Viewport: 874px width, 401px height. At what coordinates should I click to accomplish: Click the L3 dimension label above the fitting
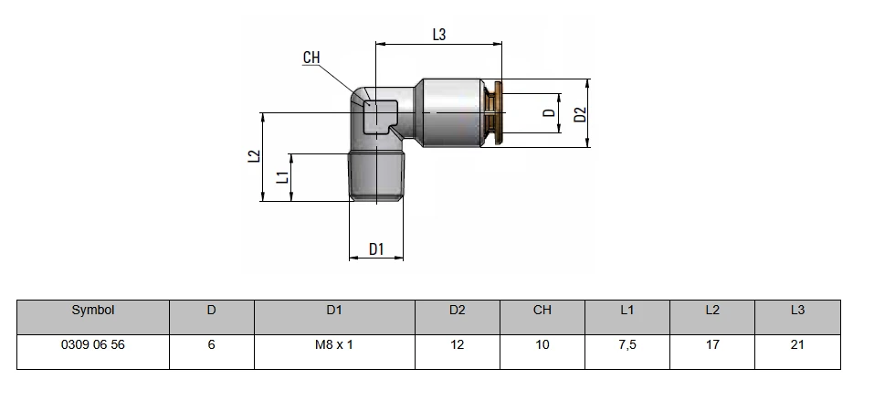[x=439, y=35]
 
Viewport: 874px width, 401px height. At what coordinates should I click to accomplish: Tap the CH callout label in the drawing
[x=311, y=58]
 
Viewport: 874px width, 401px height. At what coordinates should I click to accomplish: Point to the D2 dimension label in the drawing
[x=581, y=114]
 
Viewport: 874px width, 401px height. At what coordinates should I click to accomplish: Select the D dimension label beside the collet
[x=550, y=112]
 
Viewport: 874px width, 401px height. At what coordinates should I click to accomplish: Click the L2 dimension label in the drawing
[x=254, y=155]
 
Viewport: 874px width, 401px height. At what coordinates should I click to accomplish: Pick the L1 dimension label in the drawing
[x=283, y=177]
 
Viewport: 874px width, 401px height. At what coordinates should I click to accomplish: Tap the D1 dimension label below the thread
[x=377, y=248]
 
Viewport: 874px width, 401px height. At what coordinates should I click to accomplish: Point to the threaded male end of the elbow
[x=376, y=176]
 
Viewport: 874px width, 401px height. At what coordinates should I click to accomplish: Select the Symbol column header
[x=93, y=310]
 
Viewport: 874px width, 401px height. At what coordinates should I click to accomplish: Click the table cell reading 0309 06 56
[x=93, y=344]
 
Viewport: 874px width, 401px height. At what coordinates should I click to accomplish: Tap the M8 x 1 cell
[x=334, y=344]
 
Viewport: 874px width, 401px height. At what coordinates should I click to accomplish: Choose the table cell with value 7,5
[x=627, y=344]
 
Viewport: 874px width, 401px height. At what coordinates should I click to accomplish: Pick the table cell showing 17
[x=712, y=344]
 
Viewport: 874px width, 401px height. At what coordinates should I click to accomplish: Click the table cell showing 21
[x=797, y=344]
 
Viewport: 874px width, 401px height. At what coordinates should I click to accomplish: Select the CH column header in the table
[x=542, y=310]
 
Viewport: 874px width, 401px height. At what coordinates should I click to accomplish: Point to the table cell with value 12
[x=457, y=344]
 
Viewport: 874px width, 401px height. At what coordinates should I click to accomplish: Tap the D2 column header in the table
[x=457, y=310]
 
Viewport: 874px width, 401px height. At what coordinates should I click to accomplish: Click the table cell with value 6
[x=211, y=344]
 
